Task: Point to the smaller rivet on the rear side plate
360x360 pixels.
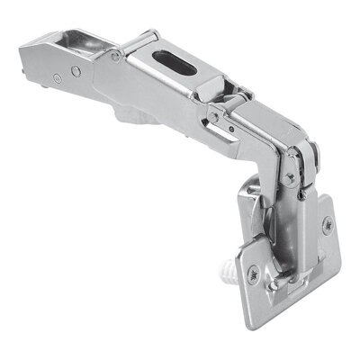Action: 57,79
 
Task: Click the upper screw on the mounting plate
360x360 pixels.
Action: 326,224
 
